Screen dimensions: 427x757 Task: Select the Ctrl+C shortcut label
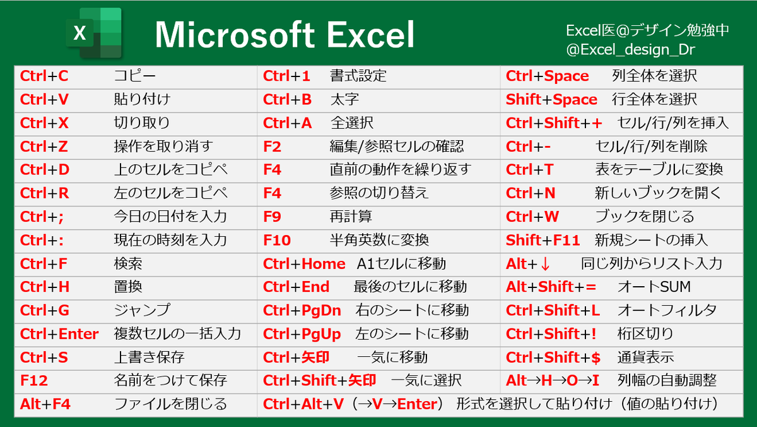tap(44, 76)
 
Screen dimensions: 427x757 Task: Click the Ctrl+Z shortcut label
tap(44, 147)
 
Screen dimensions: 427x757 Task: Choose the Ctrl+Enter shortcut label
tap(59, 334)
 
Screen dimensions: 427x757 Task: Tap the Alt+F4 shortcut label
tap(45, 404)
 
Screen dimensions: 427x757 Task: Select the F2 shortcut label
tap(272, 147)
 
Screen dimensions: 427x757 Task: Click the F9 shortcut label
tap(272, 217)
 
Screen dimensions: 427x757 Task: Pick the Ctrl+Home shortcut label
tap(304, 263)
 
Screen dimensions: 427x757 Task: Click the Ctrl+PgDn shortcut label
tap(302, 310)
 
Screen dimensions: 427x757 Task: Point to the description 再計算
tap(351, 217)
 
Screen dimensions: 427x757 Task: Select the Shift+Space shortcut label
tap(551, 100)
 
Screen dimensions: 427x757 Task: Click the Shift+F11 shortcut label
tap(543, 240)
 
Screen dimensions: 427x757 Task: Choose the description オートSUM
tap(654, 287)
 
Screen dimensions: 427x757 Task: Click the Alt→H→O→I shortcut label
tap(553, 380)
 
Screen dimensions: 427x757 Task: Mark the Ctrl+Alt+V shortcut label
tap(303, 404)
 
